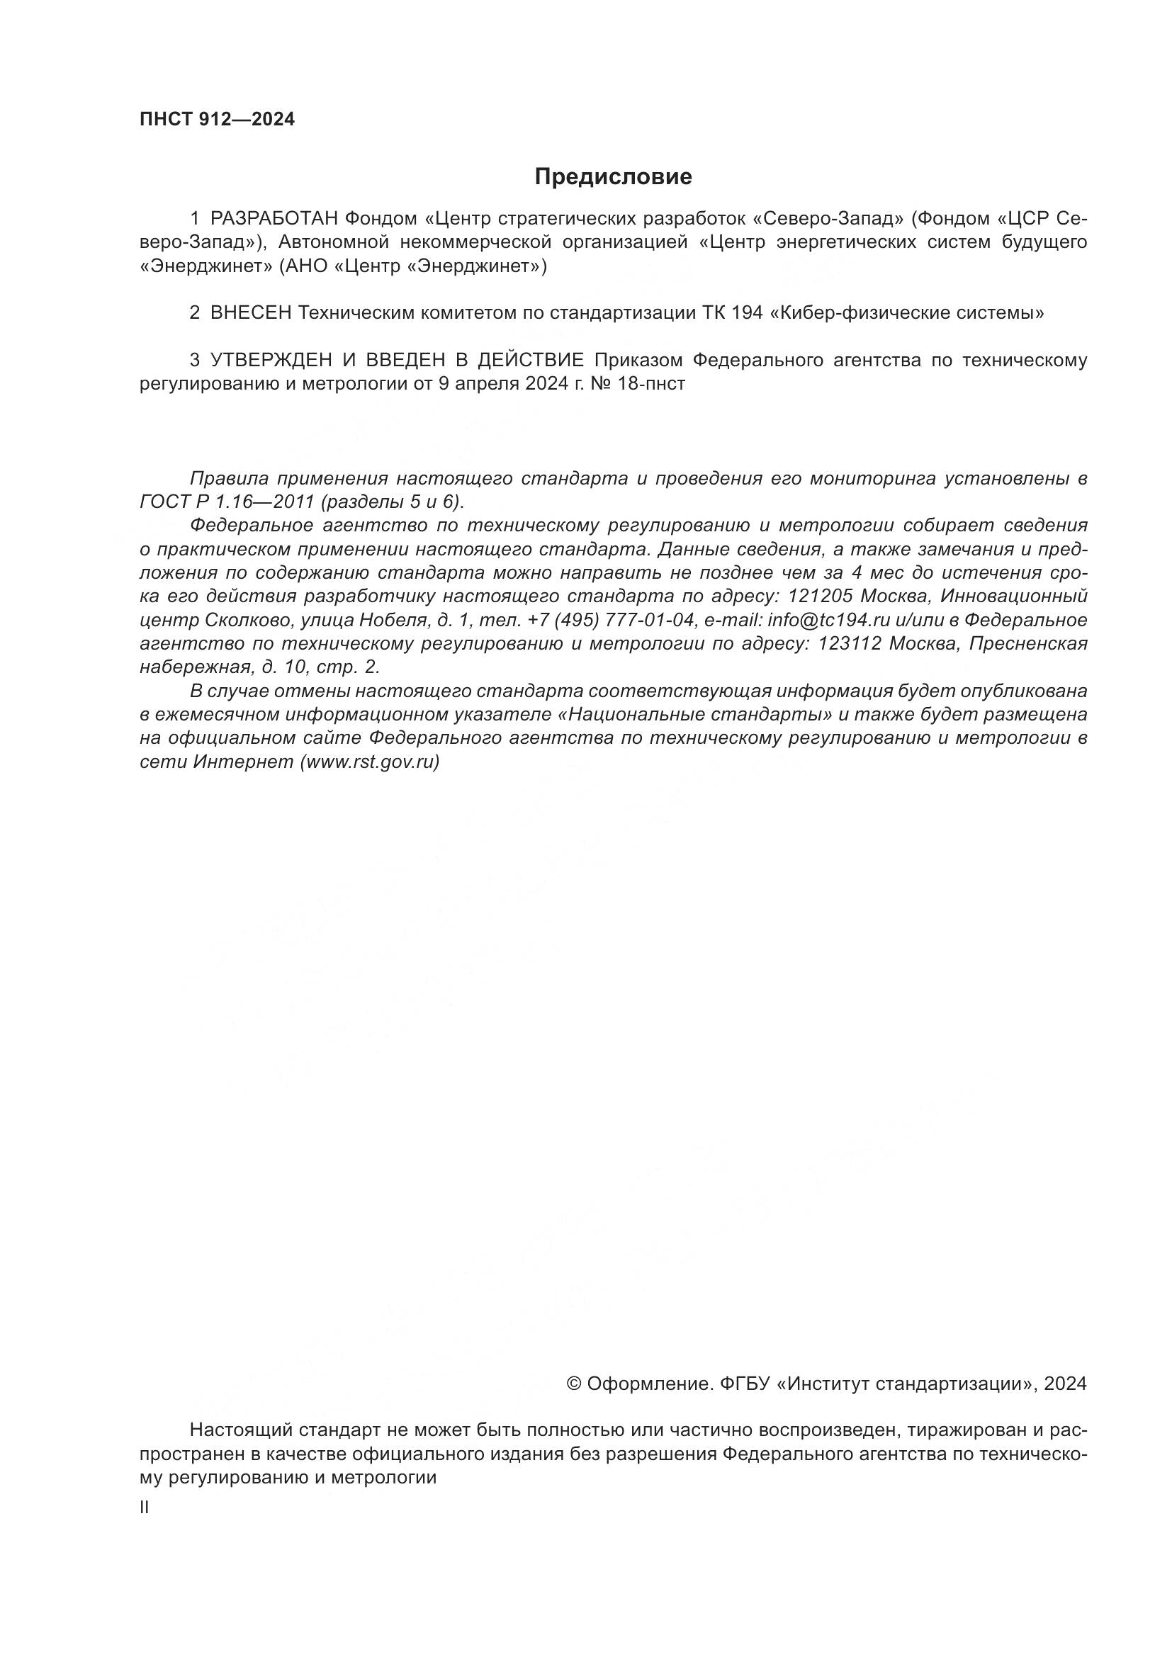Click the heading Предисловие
coord(613,177)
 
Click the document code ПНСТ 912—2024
coord(218,120)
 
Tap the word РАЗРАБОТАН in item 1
coord(274,218)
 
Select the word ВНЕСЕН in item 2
coord(251,313)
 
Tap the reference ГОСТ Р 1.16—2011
coord(227,502)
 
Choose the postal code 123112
coord(850,643)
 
